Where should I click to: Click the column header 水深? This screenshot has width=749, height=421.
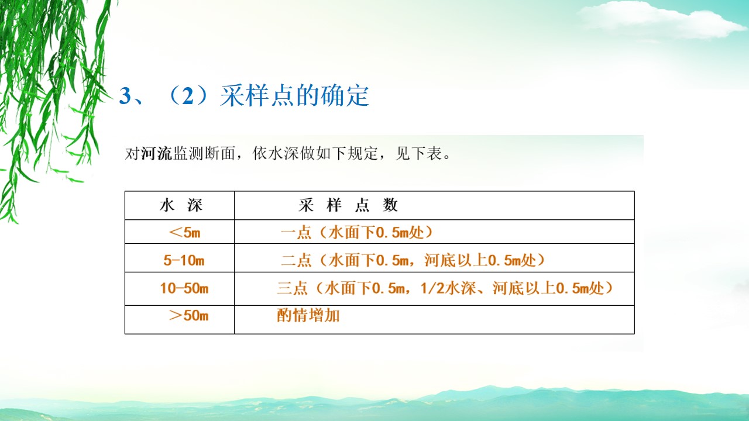[181, 205]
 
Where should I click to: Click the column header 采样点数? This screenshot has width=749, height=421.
[348, 205]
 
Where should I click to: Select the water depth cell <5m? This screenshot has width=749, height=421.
[184, 232]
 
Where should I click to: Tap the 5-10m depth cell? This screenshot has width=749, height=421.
[184, 260]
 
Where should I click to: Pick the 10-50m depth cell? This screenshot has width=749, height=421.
[184, 288]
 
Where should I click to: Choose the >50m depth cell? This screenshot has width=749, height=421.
[188, 315]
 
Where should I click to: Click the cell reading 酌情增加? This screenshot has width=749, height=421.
[308, 315]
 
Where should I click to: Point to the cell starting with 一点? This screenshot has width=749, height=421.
[357, 233]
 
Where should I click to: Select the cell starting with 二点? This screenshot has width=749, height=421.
[413, 260]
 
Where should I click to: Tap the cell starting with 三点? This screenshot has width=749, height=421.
[445, 288]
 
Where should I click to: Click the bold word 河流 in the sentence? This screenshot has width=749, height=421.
[156, 154]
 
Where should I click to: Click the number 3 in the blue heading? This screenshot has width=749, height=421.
[125, 96]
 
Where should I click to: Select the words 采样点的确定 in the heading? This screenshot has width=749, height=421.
[294, 96]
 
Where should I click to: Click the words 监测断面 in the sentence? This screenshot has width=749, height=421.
[204, 154]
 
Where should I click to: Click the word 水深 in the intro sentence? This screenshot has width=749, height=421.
[283, 154]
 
